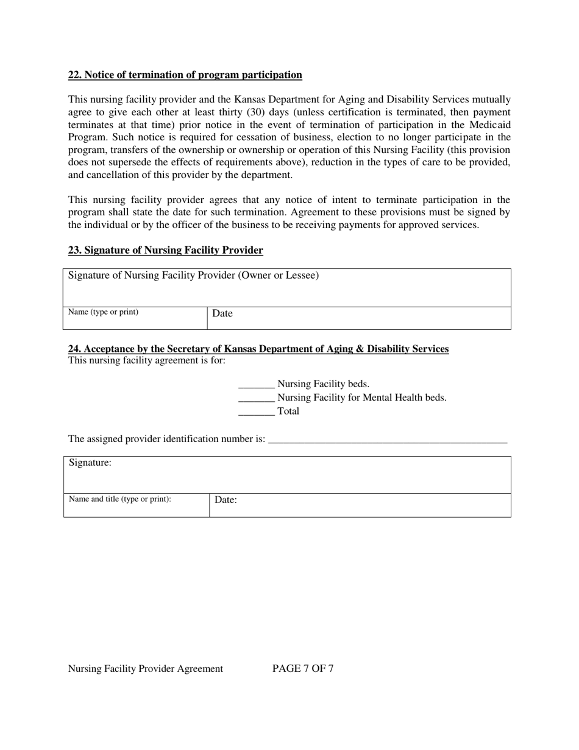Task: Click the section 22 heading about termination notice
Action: tap(185, 75)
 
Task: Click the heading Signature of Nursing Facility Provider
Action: tap(165, 251)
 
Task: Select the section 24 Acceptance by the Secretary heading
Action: tap(258, 349)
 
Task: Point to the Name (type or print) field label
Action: tap(103, 312)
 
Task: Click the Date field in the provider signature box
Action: tap(358, 318)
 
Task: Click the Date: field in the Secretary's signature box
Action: tap(360, 505)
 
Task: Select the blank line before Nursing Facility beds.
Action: tap(256, 385)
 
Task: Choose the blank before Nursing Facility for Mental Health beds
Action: tap(256, 398)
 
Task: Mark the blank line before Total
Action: tap(256, 412)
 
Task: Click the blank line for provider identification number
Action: tap(387, 439)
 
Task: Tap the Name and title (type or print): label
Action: tap(120, 499)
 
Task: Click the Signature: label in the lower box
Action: tap(90, 463)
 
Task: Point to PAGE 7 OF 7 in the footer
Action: tap(303, 668)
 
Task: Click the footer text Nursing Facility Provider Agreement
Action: tap(146, 668)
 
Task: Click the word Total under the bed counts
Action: tap(288, 411)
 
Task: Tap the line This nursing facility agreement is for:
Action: tap(147, 360)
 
